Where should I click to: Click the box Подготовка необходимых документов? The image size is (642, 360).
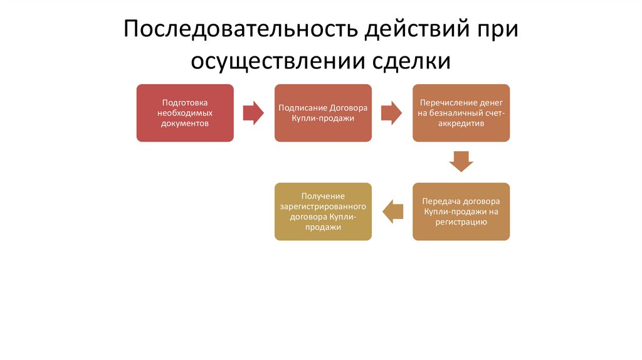pos(185,113)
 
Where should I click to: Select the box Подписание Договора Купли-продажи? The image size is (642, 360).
pos(323,113)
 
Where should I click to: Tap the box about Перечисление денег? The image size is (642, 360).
pos(461,113)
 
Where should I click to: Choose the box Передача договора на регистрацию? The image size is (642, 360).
pos(461,211)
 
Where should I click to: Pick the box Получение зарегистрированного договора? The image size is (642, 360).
pos(323,211)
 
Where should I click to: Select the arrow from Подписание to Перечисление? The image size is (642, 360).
pos(392,113)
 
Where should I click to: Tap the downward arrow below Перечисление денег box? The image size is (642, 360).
pos(461,161)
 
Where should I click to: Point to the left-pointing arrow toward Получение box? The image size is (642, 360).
pos(392,211)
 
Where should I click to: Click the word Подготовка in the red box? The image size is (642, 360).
pos(185,102)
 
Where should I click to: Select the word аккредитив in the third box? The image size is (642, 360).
pos(461,124)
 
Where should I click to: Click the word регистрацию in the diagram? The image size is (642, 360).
pos(461,222)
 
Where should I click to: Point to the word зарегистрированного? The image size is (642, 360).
pos(323,206)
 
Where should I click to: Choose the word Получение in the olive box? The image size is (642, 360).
pos(323,196)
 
